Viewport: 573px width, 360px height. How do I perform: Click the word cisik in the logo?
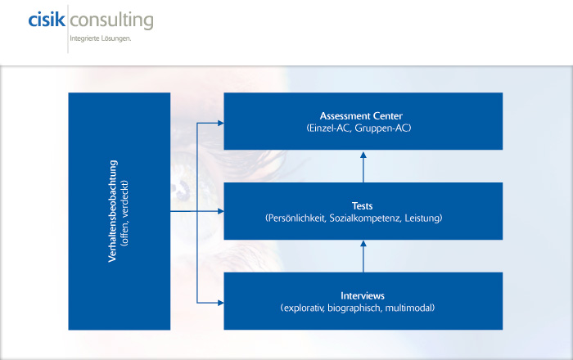[46, 20]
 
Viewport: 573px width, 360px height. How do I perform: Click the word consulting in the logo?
[112, 20]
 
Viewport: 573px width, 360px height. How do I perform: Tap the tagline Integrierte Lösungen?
[102, 38]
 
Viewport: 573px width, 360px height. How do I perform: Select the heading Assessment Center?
[363, 115]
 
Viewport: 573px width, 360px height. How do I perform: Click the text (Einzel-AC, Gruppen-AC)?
[363, 128]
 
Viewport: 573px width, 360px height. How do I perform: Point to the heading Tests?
[363, 206]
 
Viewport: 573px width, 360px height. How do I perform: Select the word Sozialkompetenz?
[370, 218]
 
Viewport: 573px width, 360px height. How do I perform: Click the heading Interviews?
[363, 295]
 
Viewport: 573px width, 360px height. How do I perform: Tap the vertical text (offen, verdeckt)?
[126, 211]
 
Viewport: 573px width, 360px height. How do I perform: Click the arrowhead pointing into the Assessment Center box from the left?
[219, 123]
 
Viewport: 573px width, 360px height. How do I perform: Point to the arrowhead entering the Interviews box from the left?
[219, 303]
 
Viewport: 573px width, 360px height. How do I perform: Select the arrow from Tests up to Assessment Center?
[363, 168]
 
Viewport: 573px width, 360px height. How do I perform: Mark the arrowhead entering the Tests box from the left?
[219, 212]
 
